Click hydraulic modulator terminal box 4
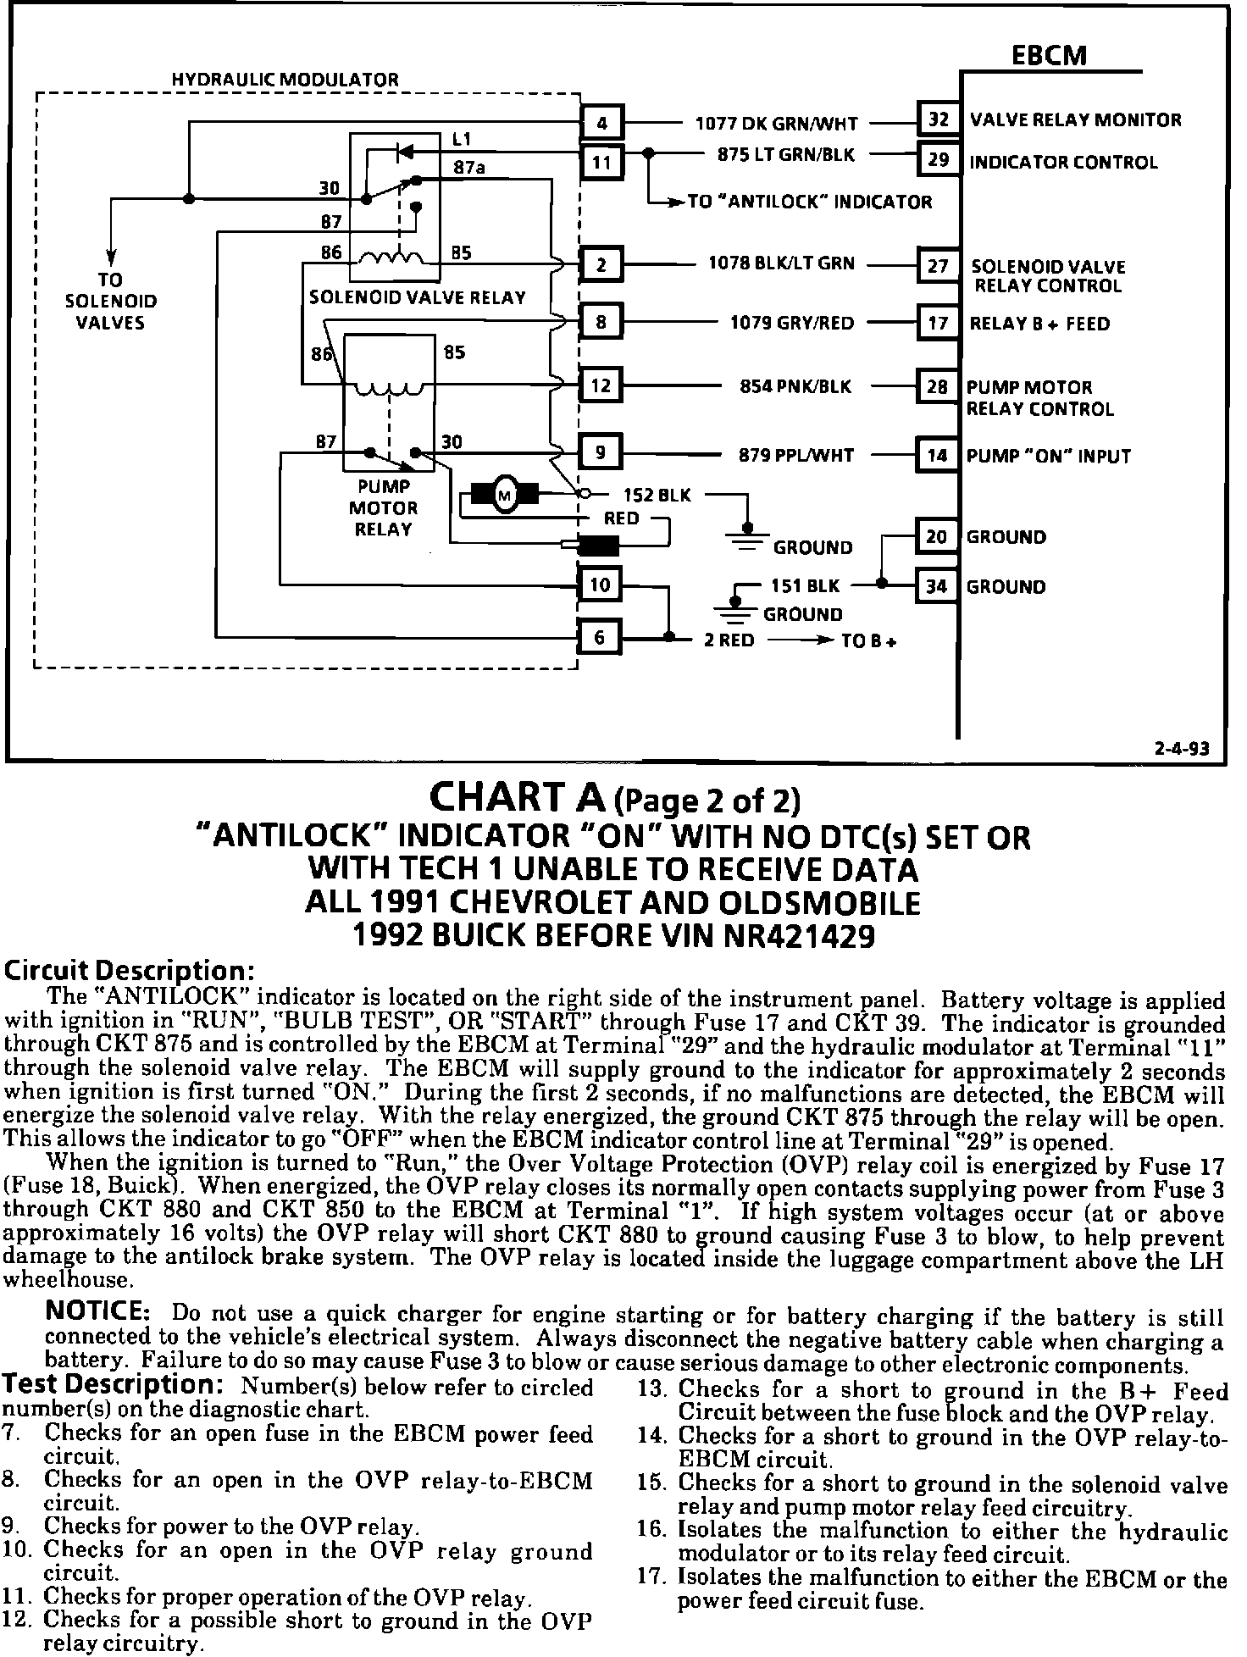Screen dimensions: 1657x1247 pyautogui.click(x=601, y=122)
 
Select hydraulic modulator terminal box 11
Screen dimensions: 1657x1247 pyautogui.click(x=601, y=161)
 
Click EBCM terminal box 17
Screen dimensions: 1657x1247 pyautogui.click(x=938, y=323)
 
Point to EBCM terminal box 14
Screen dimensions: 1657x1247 pyautogui.click(x=937, y=455)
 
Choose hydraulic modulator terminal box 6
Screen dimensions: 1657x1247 pyautogui.click(x=600, y=637)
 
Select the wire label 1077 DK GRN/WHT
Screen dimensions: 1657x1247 pyautogui.click(x=777, y=124)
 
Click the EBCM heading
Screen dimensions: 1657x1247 pyautogui.click(x=1049, y=56)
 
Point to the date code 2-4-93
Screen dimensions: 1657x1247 pyautogui.click(x=1182, y=749)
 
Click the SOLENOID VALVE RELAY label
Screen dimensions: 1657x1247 pyautogui.click(x=418, y=297)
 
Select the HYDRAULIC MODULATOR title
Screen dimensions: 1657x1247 pyautogui.click(x=285, y=80)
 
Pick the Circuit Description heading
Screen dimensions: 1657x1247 pyautogui.click(x=130, y=970)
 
